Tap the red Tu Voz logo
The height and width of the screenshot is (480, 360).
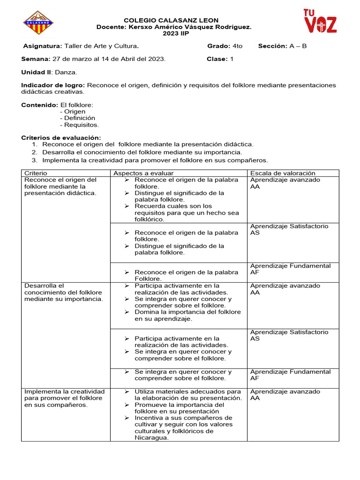(320, 22)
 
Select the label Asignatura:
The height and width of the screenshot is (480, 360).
(43, 46)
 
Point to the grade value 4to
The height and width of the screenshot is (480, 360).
(237, 46)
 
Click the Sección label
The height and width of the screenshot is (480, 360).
(272, 46)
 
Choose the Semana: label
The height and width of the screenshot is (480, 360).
(36, 59)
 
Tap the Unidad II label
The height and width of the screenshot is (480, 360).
(37, 72)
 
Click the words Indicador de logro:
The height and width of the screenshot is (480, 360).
(53, 85)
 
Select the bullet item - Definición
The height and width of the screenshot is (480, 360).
(77, 118)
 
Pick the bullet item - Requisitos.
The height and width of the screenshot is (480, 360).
(79, 125)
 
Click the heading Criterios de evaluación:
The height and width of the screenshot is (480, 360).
(61, 138)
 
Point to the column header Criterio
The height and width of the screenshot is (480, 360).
(36, 173)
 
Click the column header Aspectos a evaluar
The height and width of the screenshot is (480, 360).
(143, 173)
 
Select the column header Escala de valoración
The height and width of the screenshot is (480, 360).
(283, 173)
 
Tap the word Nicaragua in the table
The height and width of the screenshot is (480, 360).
(151, 438)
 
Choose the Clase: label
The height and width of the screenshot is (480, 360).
(217, 59)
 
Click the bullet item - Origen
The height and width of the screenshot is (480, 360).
(73, 112)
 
